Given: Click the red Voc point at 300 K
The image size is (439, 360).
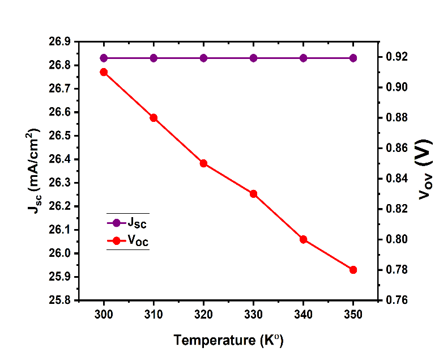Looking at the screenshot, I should click(104, 72).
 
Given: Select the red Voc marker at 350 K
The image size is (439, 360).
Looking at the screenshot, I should click(353, 269).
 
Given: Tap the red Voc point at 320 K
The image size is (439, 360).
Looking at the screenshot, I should click(203, 163).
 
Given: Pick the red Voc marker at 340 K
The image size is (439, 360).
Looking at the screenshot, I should click(303, 239).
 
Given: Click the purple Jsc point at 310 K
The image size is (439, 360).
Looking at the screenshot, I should click(154, 58).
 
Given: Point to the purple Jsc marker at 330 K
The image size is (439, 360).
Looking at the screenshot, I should click(253, 58).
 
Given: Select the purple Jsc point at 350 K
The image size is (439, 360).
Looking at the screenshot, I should click(353, 58).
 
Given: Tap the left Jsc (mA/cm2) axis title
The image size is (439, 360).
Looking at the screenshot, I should click(34, 170).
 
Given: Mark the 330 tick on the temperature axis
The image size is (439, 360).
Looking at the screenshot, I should click(253, 314).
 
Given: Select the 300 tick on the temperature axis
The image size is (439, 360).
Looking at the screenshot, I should click(104, 314).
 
